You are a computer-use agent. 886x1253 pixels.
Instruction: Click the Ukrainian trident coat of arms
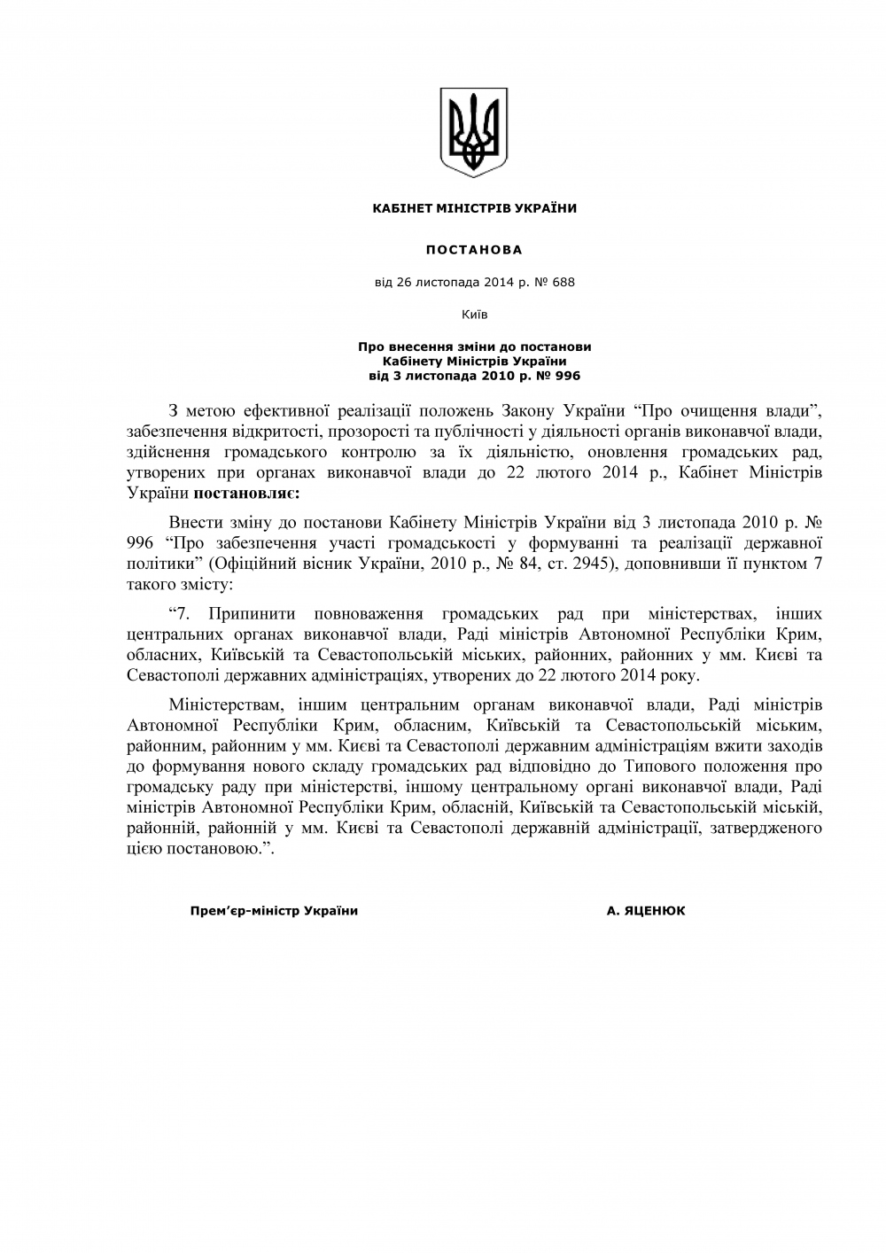click(474, 132)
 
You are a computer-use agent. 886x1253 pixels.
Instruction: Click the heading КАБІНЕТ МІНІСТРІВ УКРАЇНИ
click(474, 208)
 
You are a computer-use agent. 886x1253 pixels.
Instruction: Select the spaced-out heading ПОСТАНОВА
click(474, 250)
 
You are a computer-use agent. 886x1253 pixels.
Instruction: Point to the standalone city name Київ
click(474, 314)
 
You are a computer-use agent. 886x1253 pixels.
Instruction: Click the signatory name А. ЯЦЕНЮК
click(646, 911)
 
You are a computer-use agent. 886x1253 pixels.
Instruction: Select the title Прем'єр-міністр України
click(274, 911)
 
